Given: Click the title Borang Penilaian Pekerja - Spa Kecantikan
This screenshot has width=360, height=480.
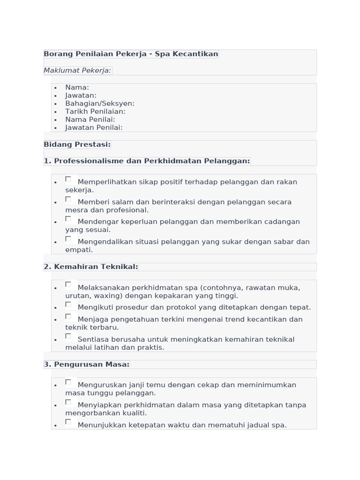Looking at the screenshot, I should point(131,54).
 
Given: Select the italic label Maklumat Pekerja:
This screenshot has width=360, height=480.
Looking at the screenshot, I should point(77,70).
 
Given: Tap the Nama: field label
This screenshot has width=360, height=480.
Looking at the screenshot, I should point(77,87).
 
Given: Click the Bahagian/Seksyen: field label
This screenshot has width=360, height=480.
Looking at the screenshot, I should point(99,103).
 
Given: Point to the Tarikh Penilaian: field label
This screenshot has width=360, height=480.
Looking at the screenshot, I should point(95,112).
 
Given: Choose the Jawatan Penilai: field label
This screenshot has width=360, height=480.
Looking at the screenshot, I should point(94,127).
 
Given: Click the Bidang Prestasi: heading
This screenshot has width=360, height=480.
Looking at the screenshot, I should point(77,144).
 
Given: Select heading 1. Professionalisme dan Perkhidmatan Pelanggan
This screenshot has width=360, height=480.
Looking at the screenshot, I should point(147,161).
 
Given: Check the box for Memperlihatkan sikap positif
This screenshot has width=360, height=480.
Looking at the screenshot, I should point(68,179).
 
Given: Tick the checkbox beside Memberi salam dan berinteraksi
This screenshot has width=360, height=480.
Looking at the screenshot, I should point(68,199).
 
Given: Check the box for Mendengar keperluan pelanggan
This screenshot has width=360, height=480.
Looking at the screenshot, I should point(68,219).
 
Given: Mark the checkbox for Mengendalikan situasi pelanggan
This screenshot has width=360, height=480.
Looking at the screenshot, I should point(68,239).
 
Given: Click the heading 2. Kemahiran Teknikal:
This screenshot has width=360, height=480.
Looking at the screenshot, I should point(91,267).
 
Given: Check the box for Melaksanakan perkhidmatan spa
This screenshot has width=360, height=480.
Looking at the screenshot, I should point(68,285).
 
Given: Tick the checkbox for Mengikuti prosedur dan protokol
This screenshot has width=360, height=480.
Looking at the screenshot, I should point(68,305).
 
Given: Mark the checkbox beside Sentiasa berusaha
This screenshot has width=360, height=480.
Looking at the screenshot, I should point(68,336).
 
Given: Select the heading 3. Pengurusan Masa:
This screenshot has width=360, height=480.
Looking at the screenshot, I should point(86,364).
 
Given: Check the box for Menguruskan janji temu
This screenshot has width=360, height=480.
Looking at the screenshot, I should point(68,382).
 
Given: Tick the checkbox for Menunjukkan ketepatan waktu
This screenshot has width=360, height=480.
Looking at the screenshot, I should point(68,422).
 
